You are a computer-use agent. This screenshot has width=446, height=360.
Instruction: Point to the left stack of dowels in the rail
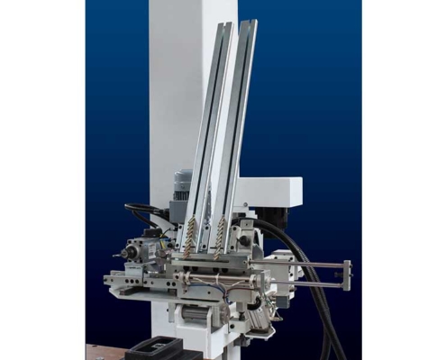tap(190, 236)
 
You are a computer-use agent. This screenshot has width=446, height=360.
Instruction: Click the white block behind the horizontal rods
tap(282, 270)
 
